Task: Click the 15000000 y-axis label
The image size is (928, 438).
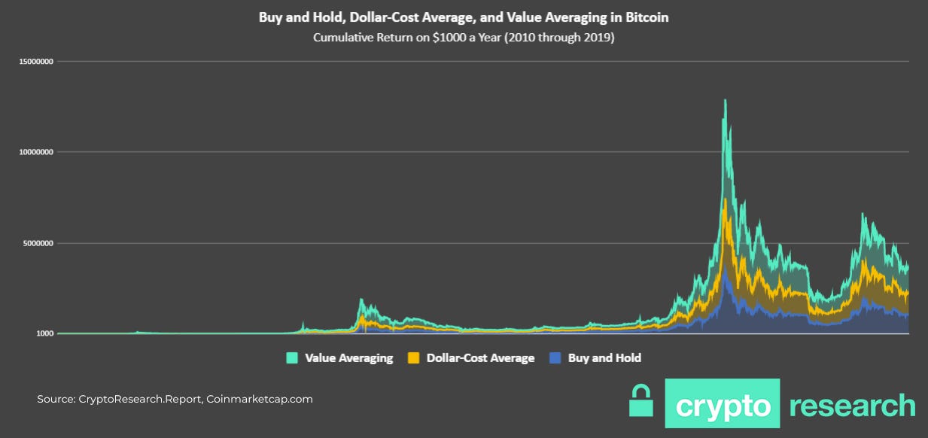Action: [35, 62]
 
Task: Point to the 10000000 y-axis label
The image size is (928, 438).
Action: [35, 152]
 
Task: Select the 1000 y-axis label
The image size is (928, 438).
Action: [44, 333]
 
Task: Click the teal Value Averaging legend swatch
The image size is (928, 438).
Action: [292, 358]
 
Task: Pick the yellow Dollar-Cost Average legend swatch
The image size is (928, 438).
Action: [413, 358]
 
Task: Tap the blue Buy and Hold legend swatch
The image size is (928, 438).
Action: [555, 358]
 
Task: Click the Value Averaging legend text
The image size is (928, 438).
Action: [348, 358]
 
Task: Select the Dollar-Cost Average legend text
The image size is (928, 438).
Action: [480, 358]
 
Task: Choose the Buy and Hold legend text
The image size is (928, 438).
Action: [604, 358]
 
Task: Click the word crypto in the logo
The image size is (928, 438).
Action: [723, 405]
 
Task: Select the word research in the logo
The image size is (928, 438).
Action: [852, 405]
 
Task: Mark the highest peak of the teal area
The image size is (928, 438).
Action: [725, 100]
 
